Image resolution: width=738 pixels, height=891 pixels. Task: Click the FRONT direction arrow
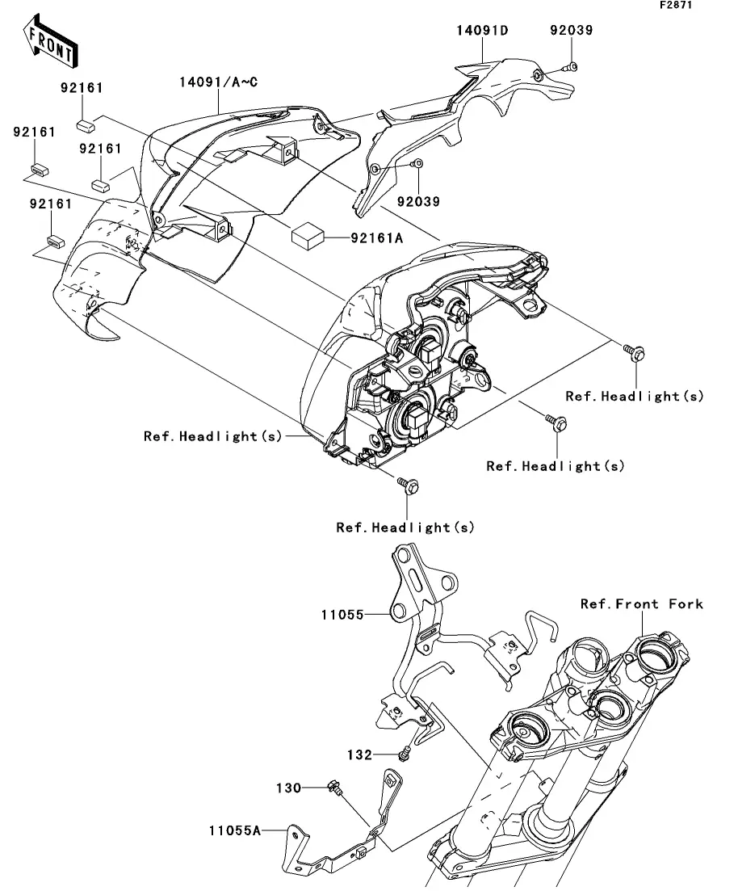(x=50, y=41)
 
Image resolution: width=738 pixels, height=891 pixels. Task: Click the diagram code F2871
(x=676, y=5)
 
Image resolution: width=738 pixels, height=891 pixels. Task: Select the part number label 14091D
(x=482, y=30)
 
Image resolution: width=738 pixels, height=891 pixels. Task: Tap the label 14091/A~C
(x=218, y=82)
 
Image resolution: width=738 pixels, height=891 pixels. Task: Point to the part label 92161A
(x=376, y=237)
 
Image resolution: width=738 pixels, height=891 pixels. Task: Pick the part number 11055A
(x=235, y=830)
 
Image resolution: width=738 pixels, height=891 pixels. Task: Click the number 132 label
(x=359, y=754)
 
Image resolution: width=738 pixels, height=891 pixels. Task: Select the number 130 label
(x=288, y=788)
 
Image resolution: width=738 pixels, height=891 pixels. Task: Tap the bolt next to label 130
(x=334, y=788)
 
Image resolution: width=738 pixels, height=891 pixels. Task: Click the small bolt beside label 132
(x=405, y=754)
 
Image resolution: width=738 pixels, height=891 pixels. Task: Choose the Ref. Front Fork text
(x=641, y=603)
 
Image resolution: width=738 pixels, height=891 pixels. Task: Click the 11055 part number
(x=342, y=614)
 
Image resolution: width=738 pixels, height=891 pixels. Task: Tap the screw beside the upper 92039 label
(x=570, y=67)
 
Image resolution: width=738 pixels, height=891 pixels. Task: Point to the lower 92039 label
(x=418, y=201)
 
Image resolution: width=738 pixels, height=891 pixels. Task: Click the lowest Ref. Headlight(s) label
(x=405, y=527)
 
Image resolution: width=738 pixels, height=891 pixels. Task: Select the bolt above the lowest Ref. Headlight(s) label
(x=409, y=485)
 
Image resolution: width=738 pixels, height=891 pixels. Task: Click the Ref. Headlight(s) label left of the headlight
(x=212, y=436)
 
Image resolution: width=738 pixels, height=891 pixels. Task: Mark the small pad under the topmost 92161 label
(x=86, y=125)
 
